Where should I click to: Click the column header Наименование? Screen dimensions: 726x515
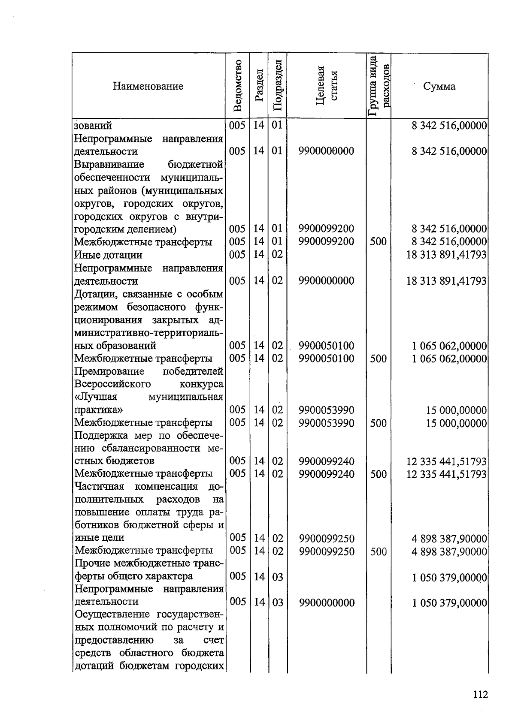(x=148, y=86)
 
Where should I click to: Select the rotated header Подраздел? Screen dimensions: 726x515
(x=278, y=86)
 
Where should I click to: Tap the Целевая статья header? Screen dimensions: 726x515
(x=327, y=86)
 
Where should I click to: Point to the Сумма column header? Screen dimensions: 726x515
(x=439, y=86)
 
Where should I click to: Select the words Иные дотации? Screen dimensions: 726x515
(x=108, y=255)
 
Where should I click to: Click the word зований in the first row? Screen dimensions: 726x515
(x=93, y=126)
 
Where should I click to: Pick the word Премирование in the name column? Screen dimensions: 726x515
(x=109, y=371)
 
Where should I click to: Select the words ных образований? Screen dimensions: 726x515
(x=115, y=346)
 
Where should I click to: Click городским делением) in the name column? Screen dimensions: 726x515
(x=126, y=229)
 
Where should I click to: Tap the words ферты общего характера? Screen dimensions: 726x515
(x=134, y=576)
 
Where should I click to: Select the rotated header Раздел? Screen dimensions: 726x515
(x=259, y=86)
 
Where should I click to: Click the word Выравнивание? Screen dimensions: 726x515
(x=109, y=165)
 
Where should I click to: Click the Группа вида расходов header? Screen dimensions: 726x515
(x=379, y=86)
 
